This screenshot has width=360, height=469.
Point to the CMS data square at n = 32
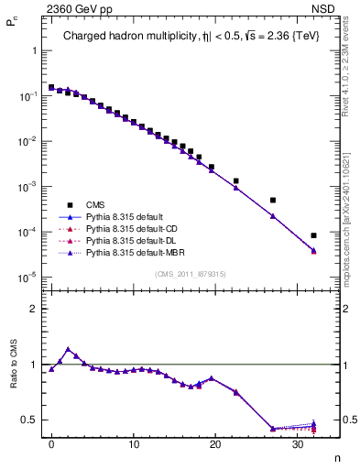point(313,235)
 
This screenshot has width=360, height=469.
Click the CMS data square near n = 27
point(273,200)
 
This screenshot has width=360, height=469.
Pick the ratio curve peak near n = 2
point(68,349)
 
